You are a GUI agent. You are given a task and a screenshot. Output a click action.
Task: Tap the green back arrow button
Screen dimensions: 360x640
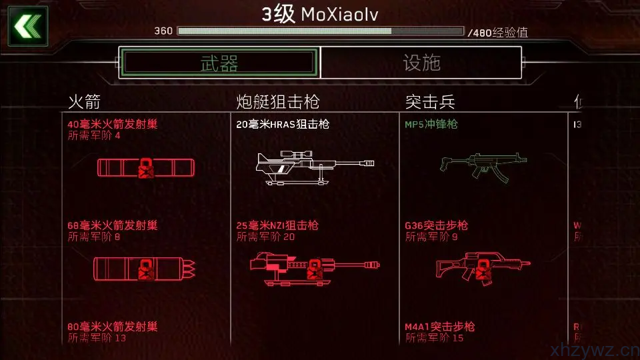point(27,26)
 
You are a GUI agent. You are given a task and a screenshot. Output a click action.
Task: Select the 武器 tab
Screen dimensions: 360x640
point(219,63)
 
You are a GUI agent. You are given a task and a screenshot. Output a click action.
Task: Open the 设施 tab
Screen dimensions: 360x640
point(421,63)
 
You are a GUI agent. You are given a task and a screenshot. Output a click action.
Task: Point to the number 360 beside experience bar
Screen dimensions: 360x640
point(163,31)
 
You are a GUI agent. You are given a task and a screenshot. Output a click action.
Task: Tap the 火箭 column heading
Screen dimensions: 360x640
point(84,102)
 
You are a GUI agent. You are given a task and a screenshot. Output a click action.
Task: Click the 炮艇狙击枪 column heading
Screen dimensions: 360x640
point(277,102)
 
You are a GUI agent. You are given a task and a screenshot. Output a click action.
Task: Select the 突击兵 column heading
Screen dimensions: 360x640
point(430,102)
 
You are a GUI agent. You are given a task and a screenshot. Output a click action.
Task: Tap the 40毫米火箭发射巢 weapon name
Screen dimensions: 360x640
point(113,124)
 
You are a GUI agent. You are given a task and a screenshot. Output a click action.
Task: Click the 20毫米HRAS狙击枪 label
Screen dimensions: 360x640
point(283,124)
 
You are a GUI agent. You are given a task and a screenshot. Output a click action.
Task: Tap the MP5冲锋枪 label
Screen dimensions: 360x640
point(431,124)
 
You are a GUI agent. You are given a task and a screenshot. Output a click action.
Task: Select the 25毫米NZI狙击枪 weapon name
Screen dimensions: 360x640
point(277,225)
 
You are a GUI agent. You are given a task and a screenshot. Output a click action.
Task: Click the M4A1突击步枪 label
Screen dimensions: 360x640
point(440,327)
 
